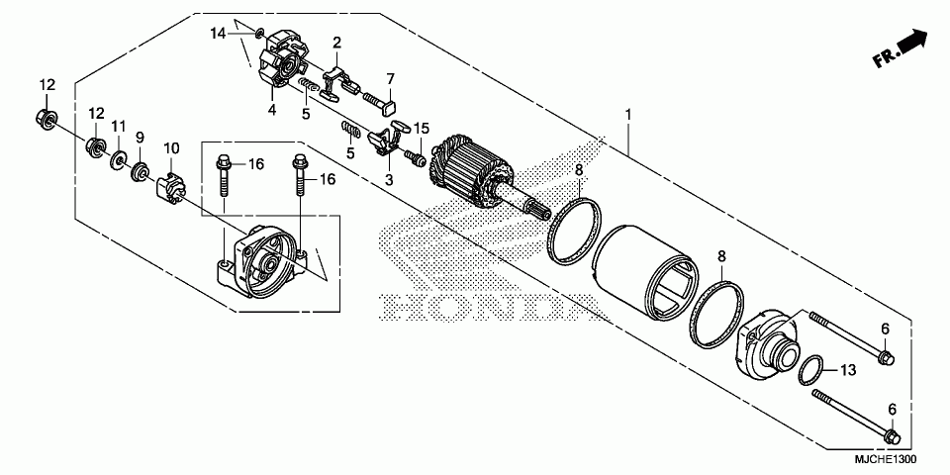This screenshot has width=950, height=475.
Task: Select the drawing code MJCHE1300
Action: click(884, 460)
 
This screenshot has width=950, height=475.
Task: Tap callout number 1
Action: click(627, 114)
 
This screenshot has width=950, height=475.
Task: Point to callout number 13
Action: click(847, 371)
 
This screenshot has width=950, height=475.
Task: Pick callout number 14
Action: click(218, 34)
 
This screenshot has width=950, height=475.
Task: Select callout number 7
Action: click(391, 78)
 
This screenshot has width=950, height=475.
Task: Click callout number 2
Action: click(336, 43)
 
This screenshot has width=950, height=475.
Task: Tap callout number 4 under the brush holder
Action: click(271, 110)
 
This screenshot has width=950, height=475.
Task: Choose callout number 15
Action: click(422, 129)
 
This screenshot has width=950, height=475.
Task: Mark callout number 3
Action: click(389, 180)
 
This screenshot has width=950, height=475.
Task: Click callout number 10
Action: click(171, 148)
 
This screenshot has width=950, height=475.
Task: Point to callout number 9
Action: click(140, 137)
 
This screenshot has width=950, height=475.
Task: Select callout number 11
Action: click(118, 127)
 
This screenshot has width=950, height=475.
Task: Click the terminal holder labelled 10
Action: click(171, 185)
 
